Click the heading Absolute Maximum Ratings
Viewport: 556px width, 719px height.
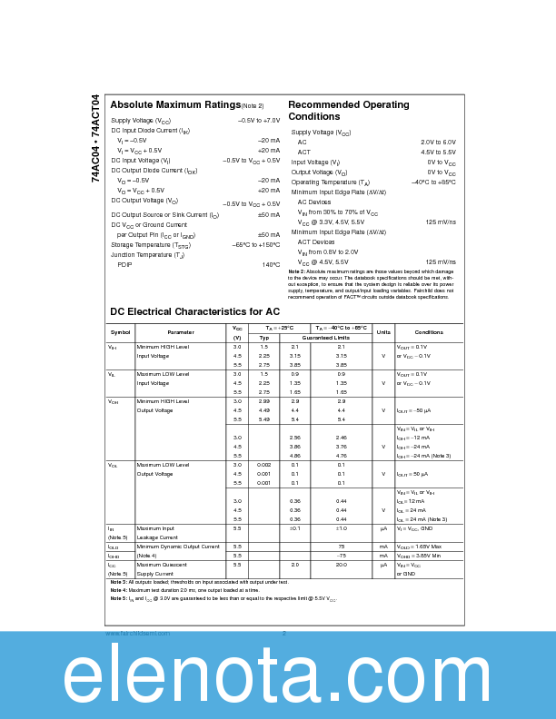[175, 105]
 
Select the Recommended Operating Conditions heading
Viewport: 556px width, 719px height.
[348, 111]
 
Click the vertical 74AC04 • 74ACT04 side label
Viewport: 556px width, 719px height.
[95, 139]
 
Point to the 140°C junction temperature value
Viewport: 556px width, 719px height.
[271, 264]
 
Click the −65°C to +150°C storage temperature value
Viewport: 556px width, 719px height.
[256, 245]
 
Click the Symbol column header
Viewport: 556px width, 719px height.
[120, 332]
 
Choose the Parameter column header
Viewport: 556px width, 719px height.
[181, 332]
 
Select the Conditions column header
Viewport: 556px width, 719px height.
[429, 332]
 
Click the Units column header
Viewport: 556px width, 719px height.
[383, 332]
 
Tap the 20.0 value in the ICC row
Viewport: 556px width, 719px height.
[341, 565]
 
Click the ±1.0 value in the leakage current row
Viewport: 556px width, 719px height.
[341, 528]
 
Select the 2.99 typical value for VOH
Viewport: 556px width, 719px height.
[263, 401]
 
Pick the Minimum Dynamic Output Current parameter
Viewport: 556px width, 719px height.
[178, 547]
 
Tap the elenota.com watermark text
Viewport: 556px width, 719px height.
[278, 677]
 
